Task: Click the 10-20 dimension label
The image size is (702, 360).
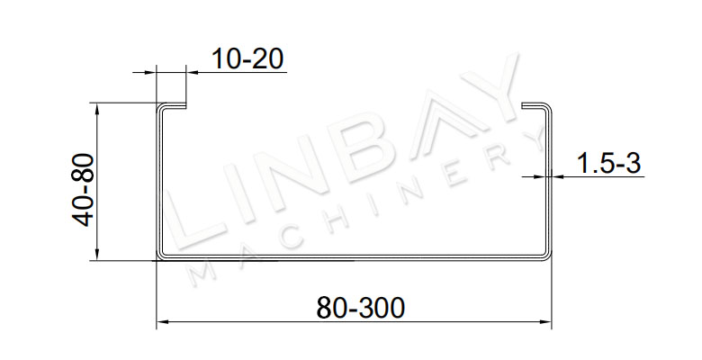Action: [247, 58]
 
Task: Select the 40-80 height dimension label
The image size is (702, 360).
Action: [84, 190]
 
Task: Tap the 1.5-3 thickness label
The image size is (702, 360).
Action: [608, 163]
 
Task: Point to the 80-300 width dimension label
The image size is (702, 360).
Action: [360, 308]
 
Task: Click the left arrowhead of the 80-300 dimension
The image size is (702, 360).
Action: [162, 321]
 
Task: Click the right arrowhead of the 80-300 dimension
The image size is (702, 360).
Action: [545, 321]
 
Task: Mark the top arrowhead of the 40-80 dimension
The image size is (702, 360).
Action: [96, 108]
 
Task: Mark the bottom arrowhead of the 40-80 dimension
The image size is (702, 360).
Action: [96, 255]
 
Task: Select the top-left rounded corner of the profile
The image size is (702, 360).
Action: [160, 107]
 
